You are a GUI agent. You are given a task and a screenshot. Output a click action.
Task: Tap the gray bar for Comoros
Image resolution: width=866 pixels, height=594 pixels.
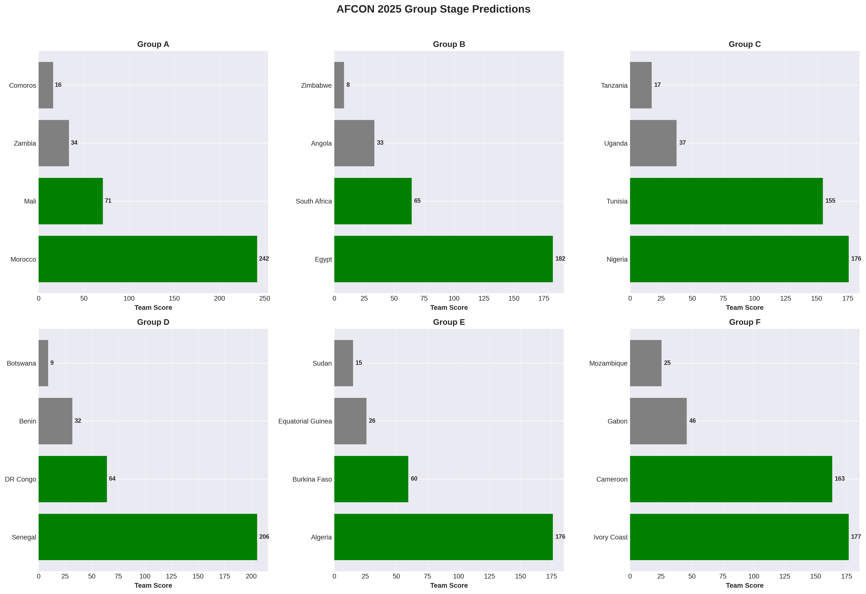pos(46,85)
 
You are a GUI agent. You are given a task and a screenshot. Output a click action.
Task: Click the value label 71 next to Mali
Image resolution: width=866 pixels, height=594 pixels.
pos(108,201)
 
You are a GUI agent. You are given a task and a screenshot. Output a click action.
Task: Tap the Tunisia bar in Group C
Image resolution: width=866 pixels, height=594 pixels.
pos(726,201)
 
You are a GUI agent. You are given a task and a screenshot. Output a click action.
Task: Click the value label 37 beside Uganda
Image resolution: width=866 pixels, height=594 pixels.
pos(682,143)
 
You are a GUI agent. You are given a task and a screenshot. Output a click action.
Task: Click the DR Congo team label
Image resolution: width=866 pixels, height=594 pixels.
pos(21,479)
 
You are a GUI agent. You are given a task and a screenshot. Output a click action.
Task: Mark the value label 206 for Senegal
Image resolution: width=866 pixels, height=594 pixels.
pos(264,537)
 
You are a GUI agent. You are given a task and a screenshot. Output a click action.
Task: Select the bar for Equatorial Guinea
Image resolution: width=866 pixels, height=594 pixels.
pos(350,421)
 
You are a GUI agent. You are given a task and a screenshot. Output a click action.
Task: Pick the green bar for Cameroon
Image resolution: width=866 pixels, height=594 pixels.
pos(731,479)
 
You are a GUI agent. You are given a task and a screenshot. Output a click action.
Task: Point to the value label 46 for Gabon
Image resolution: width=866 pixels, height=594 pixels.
pos(692,421)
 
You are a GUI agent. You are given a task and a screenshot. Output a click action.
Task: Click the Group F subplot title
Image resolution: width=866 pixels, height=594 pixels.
pos(745,322)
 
